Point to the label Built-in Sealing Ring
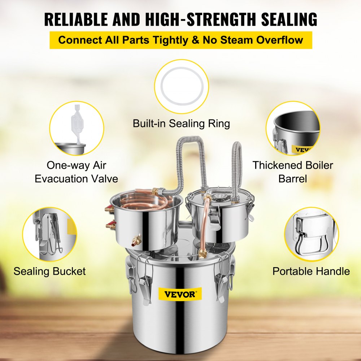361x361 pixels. pos(181,123)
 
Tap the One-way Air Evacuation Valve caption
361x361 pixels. pos(76,172)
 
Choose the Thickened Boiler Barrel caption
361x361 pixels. pos(293,172)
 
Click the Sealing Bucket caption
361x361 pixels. pos(50,271)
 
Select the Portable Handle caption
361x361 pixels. pos(311,271)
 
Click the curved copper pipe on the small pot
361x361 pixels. pos(206,224)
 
